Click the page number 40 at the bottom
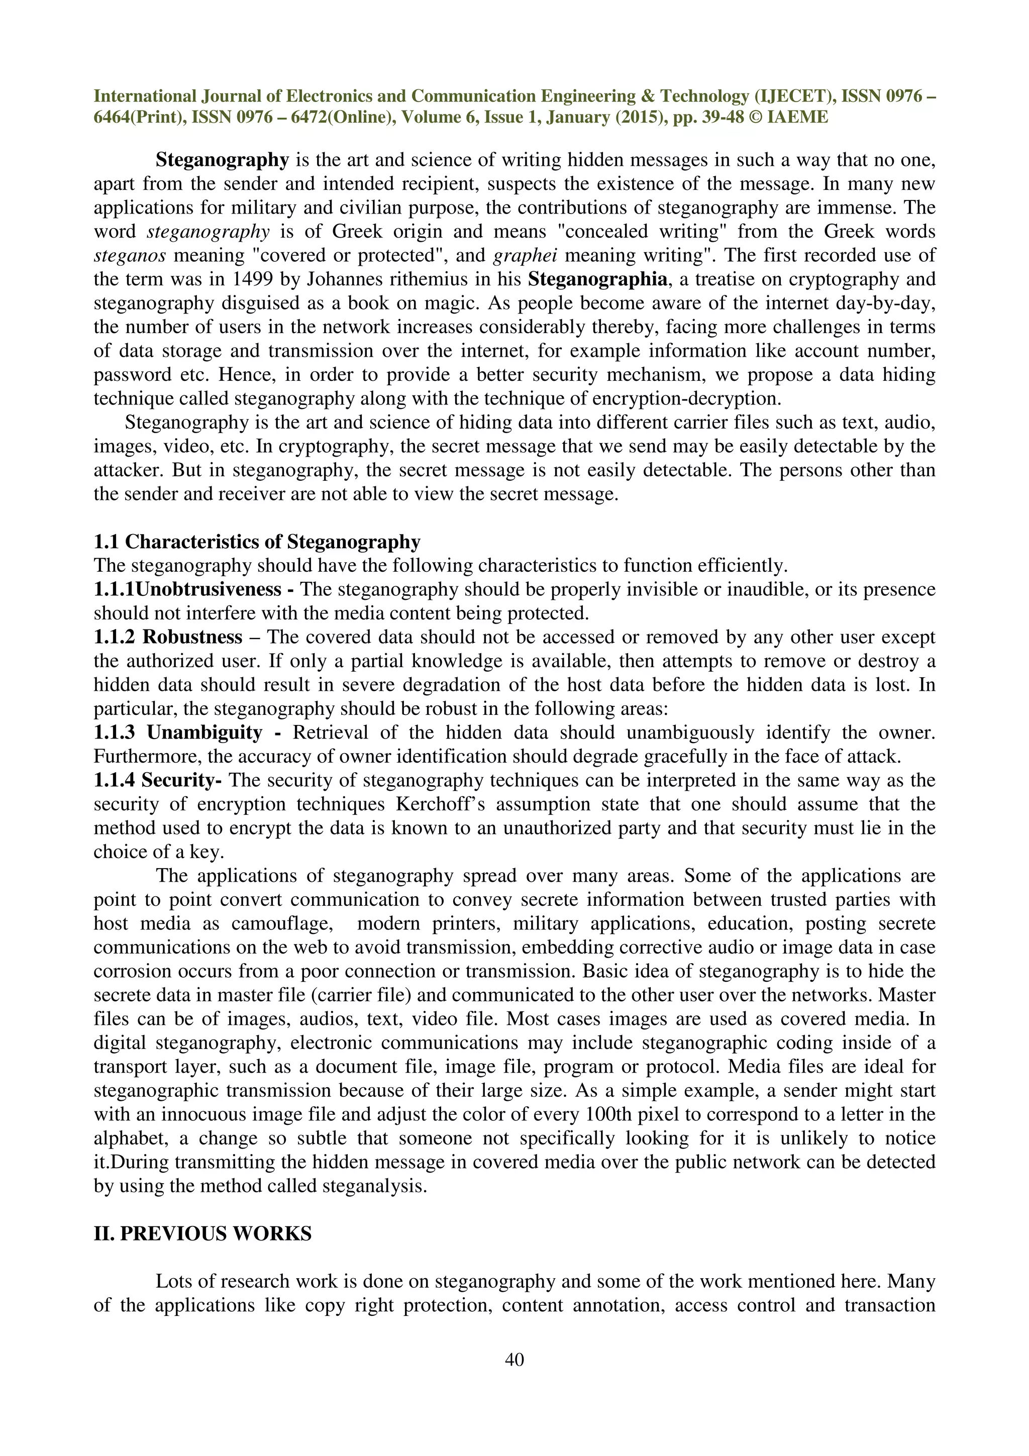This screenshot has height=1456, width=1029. click(x=514, y=1360)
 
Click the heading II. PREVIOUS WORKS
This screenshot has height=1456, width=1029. click(x=202, y=1233)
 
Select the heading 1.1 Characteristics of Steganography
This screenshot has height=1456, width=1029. click(x=257, y=542)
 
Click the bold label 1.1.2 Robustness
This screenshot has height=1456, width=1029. click(x=168, y=637)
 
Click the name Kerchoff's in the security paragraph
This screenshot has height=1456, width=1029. click(x=441, y=804)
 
